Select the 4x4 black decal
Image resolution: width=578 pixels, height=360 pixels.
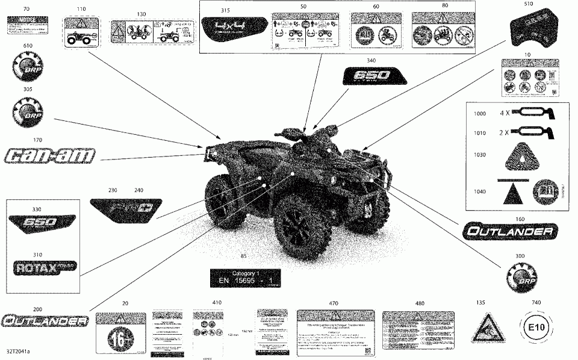tap(232, 28)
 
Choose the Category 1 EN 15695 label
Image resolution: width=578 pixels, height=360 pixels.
tap(245, 278)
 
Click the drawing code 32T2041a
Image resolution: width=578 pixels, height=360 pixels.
tap(19, 351)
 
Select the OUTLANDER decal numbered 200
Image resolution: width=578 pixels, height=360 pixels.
tap(44, 321)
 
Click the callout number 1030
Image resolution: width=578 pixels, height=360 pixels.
tap(479, 155)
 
